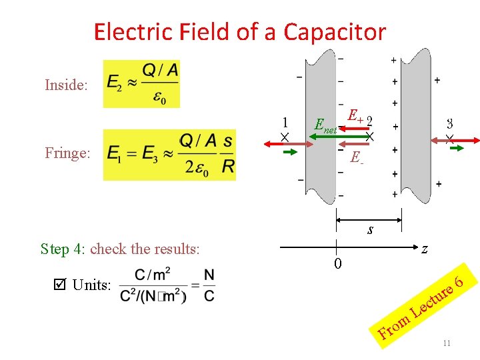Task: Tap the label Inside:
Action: (66, 85)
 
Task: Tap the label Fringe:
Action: (67, 153)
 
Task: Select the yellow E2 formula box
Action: (141, 83)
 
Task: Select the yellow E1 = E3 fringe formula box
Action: (170, 154)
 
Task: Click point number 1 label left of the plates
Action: (285, 123)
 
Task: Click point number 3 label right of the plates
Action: (450, 123)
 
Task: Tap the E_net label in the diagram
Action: (325, 125)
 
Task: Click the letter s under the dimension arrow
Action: (370, 231)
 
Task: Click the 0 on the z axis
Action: (338, 263)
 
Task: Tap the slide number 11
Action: (447, 343)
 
